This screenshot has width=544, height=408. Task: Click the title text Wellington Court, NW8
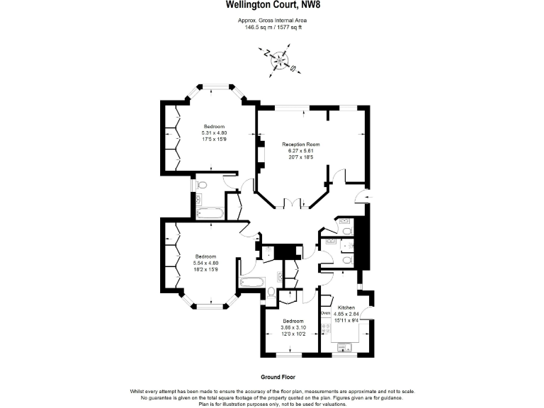coord(271,6)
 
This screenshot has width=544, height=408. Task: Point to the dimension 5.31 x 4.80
coord(215,133)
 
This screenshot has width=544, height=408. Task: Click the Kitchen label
coord(346,307)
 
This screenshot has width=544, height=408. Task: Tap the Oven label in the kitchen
coord(326,312)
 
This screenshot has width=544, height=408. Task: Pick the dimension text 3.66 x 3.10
coord(293,328)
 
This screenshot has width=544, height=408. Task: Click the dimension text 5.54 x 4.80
coord(205,263)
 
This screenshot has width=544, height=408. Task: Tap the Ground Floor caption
coord(271,379)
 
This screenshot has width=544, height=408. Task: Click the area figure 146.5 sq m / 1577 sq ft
coord(271,28)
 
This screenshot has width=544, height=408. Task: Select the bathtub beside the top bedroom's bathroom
coord(209,212)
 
